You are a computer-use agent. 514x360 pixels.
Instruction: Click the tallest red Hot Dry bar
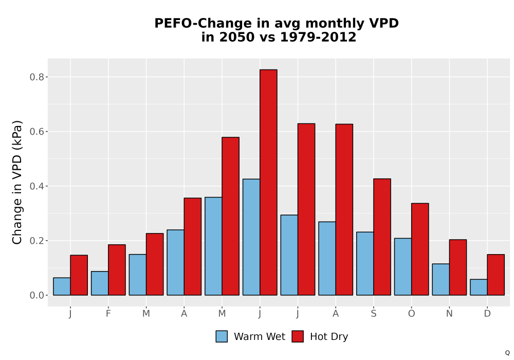[x=268, y=182]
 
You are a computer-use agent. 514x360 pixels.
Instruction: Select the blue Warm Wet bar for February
[x=100, y=283]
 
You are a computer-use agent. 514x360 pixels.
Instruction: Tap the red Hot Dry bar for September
[x=382, y=237]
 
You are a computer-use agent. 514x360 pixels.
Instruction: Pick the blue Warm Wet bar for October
[x=403, y=266]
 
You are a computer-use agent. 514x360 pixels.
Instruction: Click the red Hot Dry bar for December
[x=495, y=275]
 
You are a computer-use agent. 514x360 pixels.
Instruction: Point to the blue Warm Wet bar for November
[x=441, y=279]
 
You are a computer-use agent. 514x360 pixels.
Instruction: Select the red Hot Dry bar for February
[x=117, y=270]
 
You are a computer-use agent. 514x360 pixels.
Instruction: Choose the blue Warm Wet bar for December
[x=479, y=287]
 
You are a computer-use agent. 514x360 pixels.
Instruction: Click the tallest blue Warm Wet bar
[x=251, y=237]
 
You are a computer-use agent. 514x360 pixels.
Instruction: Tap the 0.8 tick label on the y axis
[x=36, y=77]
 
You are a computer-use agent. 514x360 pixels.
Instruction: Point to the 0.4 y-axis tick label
[x=36, y=186]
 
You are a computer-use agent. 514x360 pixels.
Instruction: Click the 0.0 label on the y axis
[x=36, y=295]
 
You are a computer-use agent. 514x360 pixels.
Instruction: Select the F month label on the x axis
[x=108, y=314]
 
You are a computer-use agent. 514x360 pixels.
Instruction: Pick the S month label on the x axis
[x=373, y=314]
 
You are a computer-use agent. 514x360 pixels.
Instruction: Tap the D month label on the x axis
[x=487, y=314]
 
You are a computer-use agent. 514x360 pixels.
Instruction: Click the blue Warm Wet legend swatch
[x=222, y=336]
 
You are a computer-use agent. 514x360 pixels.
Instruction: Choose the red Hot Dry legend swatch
[x=298, y=336]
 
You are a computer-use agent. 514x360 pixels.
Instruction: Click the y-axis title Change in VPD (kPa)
[x=17, y=183]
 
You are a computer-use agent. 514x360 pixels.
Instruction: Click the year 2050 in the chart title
[x=236, y=37]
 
